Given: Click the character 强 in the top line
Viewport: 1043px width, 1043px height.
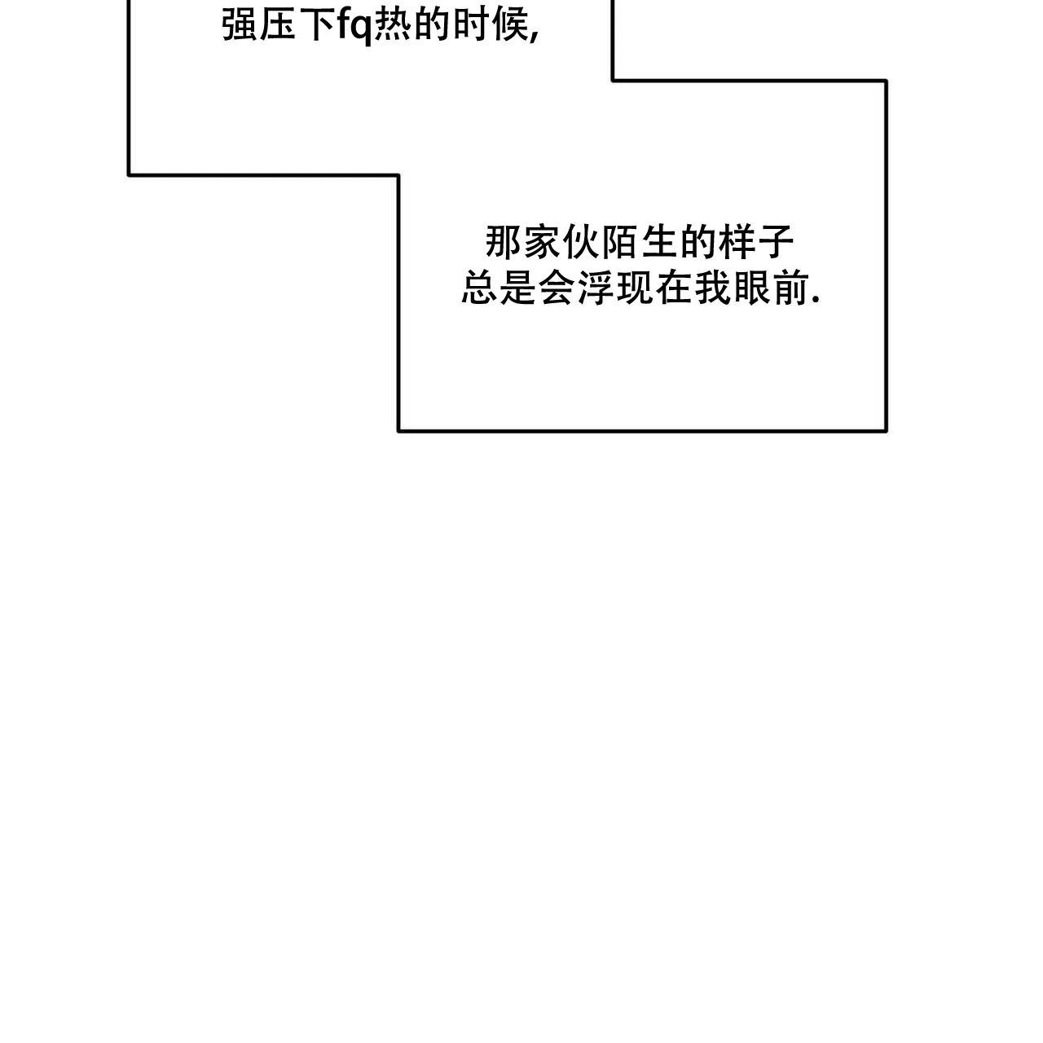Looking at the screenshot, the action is click(x=240, y=25).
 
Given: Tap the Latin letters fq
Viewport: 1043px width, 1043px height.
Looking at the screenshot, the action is click(x=354, y=26).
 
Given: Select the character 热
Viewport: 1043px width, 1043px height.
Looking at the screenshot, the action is click(x=393, y=25).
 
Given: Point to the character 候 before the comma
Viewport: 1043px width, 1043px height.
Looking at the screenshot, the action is click(x=510, y=25).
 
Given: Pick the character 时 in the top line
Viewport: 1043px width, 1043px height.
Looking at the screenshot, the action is click(x=471, y=25).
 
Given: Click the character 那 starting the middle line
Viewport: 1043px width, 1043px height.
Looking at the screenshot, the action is click(x=503, y=242).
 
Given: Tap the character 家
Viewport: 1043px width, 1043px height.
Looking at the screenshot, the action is click(x=542, y=242).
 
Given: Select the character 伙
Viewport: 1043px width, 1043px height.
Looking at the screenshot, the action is click(x=581, y=242).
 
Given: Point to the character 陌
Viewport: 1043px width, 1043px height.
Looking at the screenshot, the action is click(x=620, y=242).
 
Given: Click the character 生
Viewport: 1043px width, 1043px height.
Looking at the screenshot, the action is click(x=659, y=242).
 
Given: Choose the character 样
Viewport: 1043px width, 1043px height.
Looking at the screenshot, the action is click(x=737, y=242).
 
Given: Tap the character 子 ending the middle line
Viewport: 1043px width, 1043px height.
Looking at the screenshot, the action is click(x=777, y=242).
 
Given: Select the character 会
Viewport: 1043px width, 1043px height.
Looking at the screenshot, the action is click(x=557, y=288).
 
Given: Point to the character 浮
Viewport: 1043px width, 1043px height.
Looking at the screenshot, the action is click(x=596, y=288).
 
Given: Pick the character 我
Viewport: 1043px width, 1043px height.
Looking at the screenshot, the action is click(x=713, y=288).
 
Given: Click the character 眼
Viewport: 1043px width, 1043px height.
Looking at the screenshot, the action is click(x=752, y=288).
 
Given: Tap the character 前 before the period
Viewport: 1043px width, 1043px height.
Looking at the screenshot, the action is click(x=791, y=288).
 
